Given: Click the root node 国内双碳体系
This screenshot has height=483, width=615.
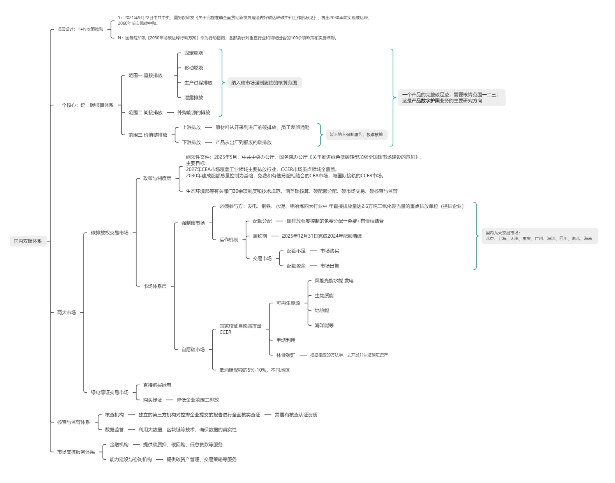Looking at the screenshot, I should pos(28,241).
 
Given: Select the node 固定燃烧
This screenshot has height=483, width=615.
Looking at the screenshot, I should pos(194,53).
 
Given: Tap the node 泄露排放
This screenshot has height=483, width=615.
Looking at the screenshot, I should pos(194,98).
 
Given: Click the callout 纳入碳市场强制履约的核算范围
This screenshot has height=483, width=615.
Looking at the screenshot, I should pos(264,83).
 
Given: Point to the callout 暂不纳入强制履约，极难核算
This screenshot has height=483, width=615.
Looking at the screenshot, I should pos(356,135).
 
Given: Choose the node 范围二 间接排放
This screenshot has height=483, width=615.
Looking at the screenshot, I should pos(145,113).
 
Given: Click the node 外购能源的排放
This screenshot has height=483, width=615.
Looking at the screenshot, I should pos(194,113).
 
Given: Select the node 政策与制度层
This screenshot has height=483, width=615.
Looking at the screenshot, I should pos(157,178).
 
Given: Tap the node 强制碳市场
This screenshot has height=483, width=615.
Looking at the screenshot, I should pos(193,223).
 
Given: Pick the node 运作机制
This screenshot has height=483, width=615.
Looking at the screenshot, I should pos(229,240).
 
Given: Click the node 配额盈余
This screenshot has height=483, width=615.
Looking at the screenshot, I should pos(296,266).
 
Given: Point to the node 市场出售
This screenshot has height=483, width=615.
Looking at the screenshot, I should pos(330,266).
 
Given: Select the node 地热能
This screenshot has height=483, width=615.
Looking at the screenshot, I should pos(322,310).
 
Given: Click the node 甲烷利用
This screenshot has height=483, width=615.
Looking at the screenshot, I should pos(286,340).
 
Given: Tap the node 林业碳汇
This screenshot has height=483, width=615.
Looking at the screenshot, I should pos(286,355).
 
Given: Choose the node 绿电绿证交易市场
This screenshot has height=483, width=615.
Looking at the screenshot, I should pos(109,393).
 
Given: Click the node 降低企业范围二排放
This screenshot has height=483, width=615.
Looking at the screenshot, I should pos(198,400).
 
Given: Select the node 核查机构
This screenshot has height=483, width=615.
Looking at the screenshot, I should pos(114,415).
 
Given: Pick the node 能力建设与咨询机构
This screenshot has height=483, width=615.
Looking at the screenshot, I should pos(130,460).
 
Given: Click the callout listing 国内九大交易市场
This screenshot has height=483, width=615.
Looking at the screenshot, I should pos(539,236).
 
